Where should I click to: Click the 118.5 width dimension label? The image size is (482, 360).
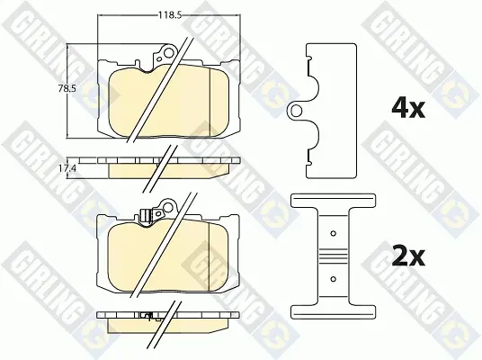[x=169, y=14]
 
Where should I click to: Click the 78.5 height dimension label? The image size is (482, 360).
[x=67, y=89]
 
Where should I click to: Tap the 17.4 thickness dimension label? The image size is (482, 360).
[x=67, y=168]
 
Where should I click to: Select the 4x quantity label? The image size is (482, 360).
[x=408, y=108]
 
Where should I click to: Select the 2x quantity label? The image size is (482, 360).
[x=408, y=256]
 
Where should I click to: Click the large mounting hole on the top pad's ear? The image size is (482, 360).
[x=168, y=53]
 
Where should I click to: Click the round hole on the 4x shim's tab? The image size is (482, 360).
[x=296, y=111]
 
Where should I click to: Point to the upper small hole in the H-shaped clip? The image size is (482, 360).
[x=333, y=233]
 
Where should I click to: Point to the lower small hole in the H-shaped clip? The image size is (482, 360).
[x=333, y=279]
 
